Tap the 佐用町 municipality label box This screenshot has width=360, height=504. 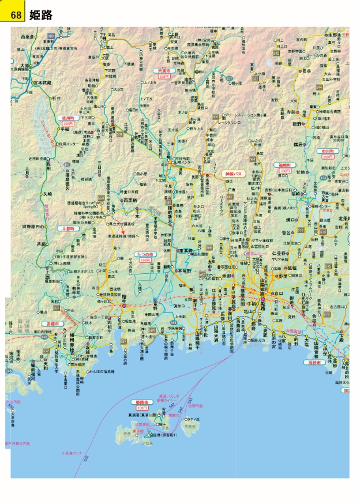(69, 118)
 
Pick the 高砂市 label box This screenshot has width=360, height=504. (316, 362)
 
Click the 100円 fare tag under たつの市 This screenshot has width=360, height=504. (145, 260)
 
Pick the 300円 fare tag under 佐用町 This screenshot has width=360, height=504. (69, 123)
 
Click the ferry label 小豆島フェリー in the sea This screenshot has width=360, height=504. (72, 453)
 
